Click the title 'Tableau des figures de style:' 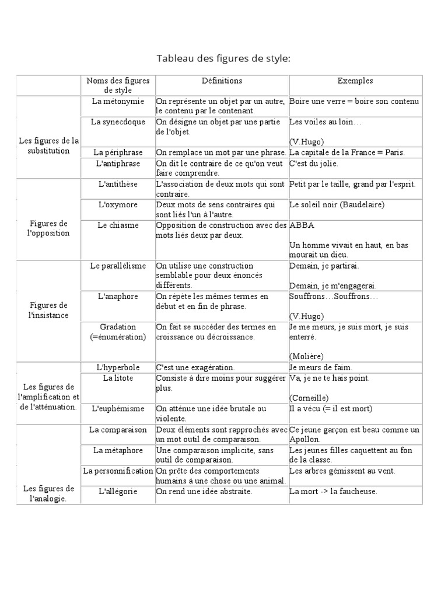point(223,58)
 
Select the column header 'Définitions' point(222,81)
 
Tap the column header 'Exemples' point(355,81)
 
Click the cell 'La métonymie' point(117,102)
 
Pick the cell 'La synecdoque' point(117,122)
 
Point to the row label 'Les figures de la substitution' point(48,145)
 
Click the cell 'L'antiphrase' point(117,164)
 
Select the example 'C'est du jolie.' point(314,164)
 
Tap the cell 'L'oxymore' point(117,205)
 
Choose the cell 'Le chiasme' point(117,225)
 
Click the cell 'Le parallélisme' point(118,266)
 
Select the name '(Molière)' point(306,356)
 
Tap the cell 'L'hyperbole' point(117,367)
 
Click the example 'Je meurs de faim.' point(321,367)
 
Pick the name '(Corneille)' point(309,398)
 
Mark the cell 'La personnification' point(118,471)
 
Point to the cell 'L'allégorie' point(117,491)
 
